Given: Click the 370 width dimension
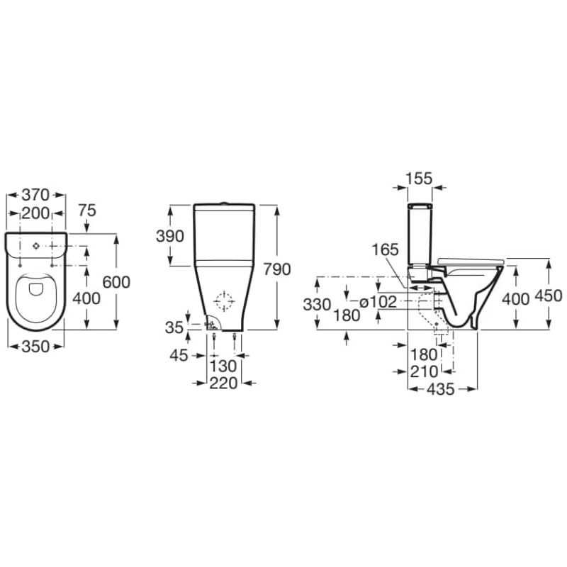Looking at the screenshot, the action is [35, 196].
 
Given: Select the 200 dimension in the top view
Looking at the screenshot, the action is [35, 214].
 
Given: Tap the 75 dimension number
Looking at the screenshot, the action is [87, 210].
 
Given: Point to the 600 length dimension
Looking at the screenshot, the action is [116, 282].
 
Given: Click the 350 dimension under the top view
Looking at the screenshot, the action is [35, 347].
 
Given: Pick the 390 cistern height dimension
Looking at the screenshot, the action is [170, 236].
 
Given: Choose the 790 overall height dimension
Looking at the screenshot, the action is [277, 269].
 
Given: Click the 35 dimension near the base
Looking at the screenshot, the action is [174, 327].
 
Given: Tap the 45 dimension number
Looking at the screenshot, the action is [179, 356].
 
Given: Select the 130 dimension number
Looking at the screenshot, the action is [223, 366].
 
